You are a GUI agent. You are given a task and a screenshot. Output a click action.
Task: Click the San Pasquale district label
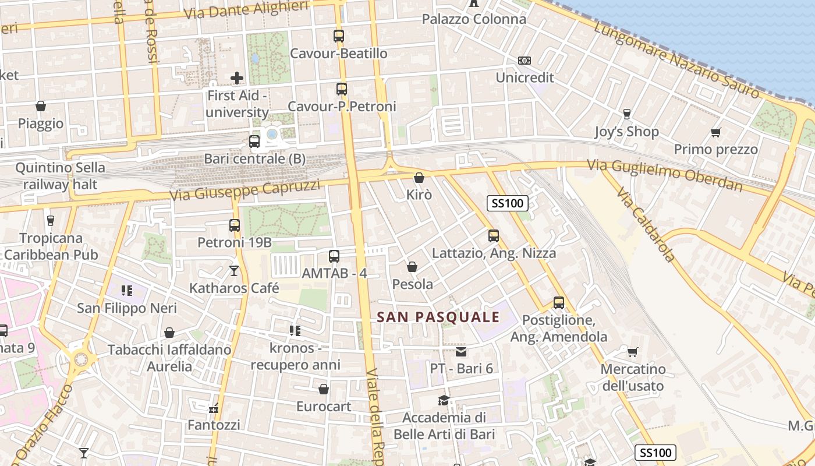tap(438, 317)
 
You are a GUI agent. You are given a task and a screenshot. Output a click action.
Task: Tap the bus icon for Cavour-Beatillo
tap(339, 36)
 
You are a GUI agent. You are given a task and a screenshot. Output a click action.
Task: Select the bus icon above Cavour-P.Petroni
tap(342, 89)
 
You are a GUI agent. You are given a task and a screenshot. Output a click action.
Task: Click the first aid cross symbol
tap(237, 77)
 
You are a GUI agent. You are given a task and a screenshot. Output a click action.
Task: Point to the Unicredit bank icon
tap(525, 61)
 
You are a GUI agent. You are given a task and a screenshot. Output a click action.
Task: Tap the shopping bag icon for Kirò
tap(419, 178)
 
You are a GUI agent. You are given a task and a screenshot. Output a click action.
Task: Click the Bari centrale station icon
tap(254, 141)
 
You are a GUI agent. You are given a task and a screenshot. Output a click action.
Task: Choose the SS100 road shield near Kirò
tap(508, 203)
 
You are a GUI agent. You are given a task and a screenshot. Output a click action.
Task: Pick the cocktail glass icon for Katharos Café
tap(234, 270)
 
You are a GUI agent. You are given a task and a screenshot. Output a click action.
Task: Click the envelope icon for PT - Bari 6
tap(461, 351)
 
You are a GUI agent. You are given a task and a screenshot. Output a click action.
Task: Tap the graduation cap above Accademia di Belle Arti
tap(444, 400)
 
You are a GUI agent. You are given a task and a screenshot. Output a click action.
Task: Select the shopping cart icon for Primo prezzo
tap(716, 132)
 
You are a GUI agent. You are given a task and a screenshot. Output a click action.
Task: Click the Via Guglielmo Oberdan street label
tap(665, 175)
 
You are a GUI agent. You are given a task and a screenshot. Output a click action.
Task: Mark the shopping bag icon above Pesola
tap(412, 267)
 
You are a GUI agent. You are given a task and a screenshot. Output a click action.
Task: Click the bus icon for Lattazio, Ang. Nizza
tap(494, 236)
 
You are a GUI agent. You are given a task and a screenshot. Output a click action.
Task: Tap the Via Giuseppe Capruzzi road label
tap(245, 190)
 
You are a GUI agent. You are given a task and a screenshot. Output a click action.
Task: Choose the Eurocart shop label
tap(324, 406)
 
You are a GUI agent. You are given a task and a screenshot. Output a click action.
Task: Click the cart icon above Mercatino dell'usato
tap(633, 352)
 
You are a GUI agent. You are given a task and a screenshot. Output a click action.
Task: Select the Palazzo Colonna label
tap(474, 19)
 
